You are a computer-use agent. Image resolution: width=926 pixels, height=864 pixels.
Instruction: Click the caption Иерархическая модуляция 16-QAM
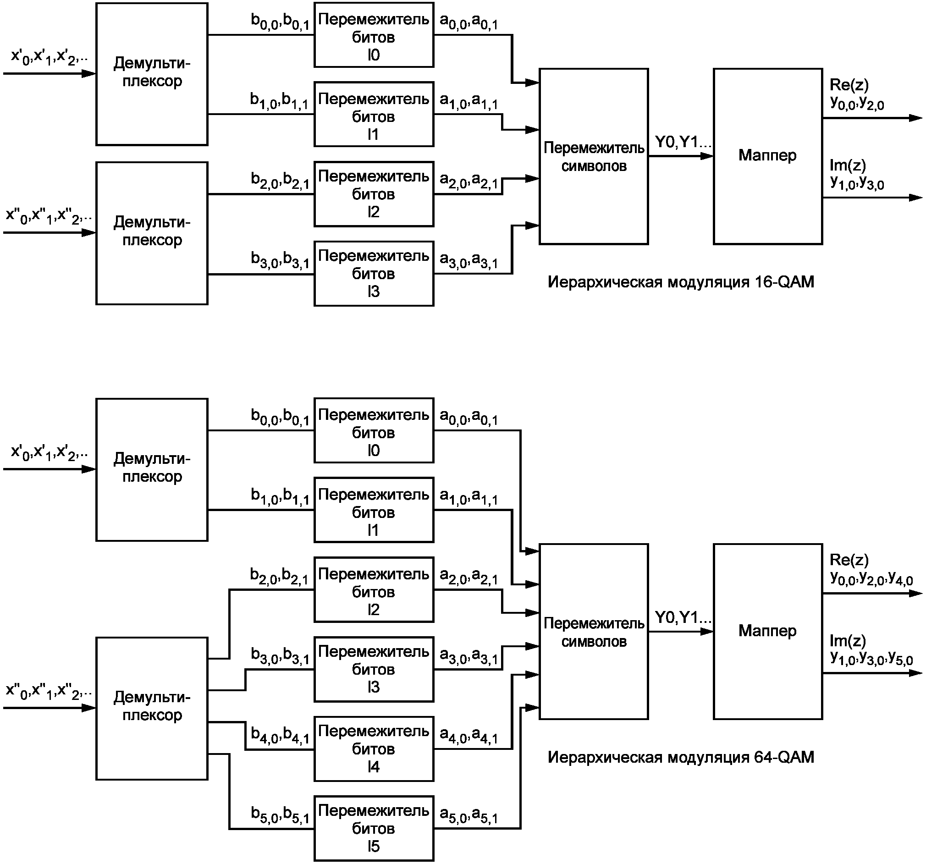[681, 282]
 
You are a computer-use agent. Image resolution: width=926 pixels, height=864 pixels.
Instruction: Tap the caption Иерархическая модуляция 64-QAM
[681, 757]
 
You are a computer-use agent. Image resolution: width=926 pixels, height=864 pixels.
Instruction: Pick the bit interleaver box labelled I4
[374, 748]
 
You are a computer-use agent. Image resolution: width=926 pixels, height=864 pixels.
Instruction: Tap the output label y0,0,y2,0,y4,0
[871, 578]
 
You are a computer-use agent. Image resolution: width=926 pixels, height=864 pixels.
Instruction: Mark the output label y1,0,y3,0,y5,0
[871, 658]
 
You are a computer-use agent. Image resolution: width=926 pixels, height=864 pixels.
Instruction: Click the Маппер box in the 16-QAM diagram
[768, 156]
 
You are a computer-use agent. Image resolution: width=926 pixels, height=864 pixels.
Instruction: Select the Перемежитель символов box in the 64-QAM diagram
[594, 632]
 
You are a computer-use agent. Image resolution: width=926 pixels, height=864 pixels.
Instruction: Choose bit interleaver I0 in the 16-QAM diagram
[374, 35]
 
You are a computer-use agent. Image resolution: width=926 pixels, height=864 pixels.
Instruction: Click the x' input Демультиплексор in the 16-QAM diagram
[152, 74]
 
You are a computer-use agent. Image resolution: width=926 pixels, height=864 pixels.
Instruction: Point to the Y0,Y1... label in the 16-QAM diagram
[683, 142]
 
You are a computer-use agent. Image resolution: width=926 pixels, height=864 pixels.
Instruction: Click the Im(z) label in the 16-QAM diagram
[847, 165]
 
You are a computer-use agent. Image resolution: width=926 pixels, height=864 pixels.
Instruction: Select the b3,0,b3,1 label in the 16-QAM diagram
[280, 259]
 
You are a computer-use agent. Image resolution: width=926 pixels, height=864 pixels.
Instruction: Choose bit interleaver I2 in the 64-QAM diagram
[374, 589]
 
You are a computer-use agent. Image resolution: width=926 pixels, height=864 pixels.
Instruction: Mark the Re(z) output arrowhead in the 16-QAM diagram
[916, 118]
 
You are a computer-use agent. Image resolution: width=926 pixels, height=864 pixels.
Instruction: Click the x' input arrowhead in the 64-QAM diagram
[89, 469]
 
